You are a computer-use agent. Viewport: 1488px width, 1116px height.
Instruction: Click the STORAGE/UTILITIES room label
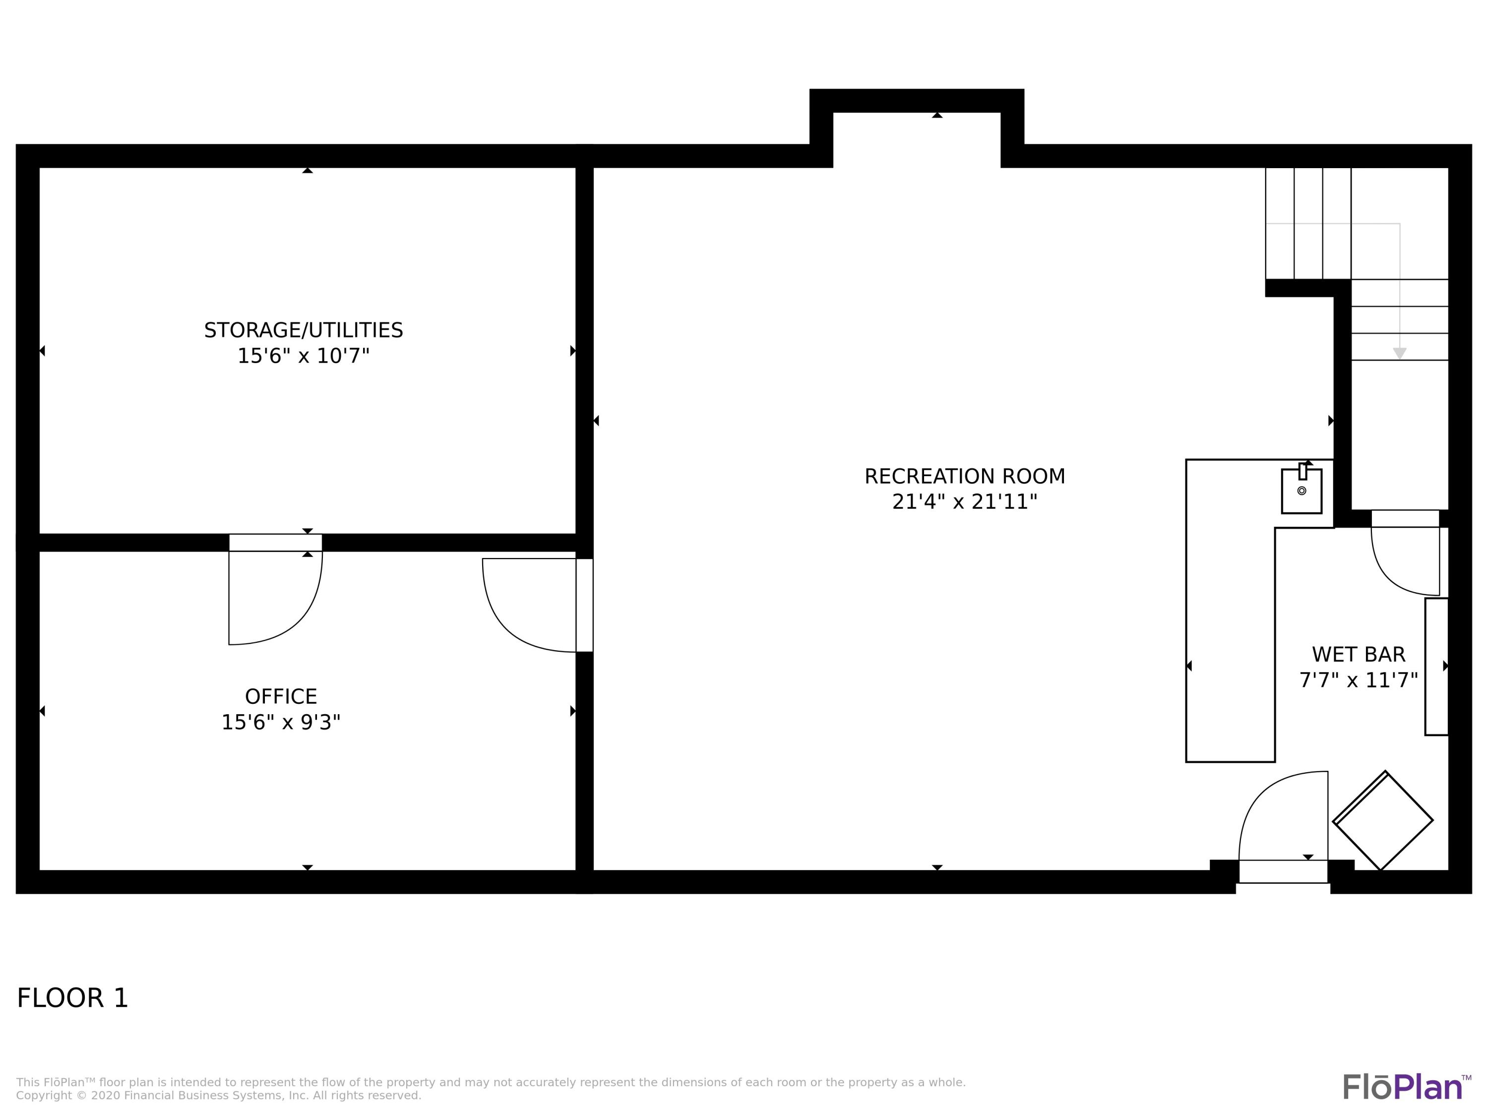pos(304,330)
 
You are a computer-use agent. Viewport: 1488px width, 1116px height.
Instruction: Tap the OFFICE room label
pos(281,696)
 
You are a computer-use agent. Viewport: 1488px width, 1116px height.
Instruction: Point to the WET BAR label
pos(1358,655)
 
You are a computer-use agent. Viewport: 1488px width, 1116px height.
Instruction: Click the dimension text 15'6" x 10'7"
pos(304,356)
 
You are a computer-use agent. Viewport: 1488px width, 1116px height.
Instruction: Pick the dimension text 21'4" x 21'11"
pos(965,502)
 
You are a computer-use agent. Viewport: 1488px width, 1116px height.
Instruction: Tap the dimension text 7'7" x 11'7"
pos(1358,680)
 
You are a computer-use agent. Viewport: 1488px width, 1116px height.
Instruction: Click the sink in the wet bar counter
pos(1301,491)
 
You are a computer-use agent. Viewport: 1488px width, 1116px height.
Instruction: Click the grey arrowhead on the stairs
pos(1399,353)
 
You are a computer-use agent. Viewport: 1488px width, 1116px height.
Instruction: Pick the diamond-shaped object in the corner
pos(1382,821)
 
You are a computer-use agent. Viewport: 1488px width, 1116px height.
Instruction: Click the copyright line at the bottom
pos(219,1095)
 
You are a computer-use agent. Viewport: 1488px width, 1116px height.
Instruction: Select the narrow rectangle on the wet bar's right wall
pos(1436,666)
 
